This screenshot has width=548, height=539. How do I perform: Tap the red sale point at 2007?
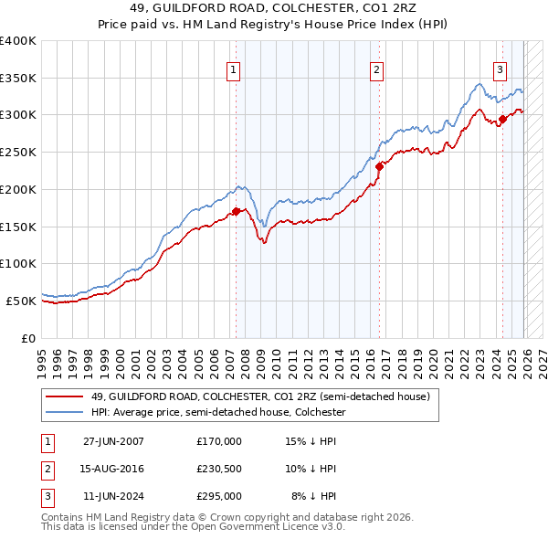tap(236, 211)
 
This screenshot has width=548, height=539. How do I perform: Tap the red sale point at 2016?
tap(380, 166)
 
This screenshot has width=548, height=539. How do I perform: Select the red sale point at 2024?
tap(502, 118)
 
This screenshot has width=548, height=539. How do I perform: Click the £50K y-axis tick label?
tap(21, 301)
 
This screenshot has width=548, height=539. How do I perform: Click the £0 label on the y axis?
tap(28, 338)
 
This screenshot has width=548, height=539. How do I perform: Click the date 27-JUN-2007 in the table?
tap(113, 440)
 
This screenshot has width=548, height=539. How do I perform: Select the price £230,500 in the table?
tap(219, 469)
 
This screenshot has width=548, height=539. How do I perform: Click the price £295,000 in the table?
tap(219, 497)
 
